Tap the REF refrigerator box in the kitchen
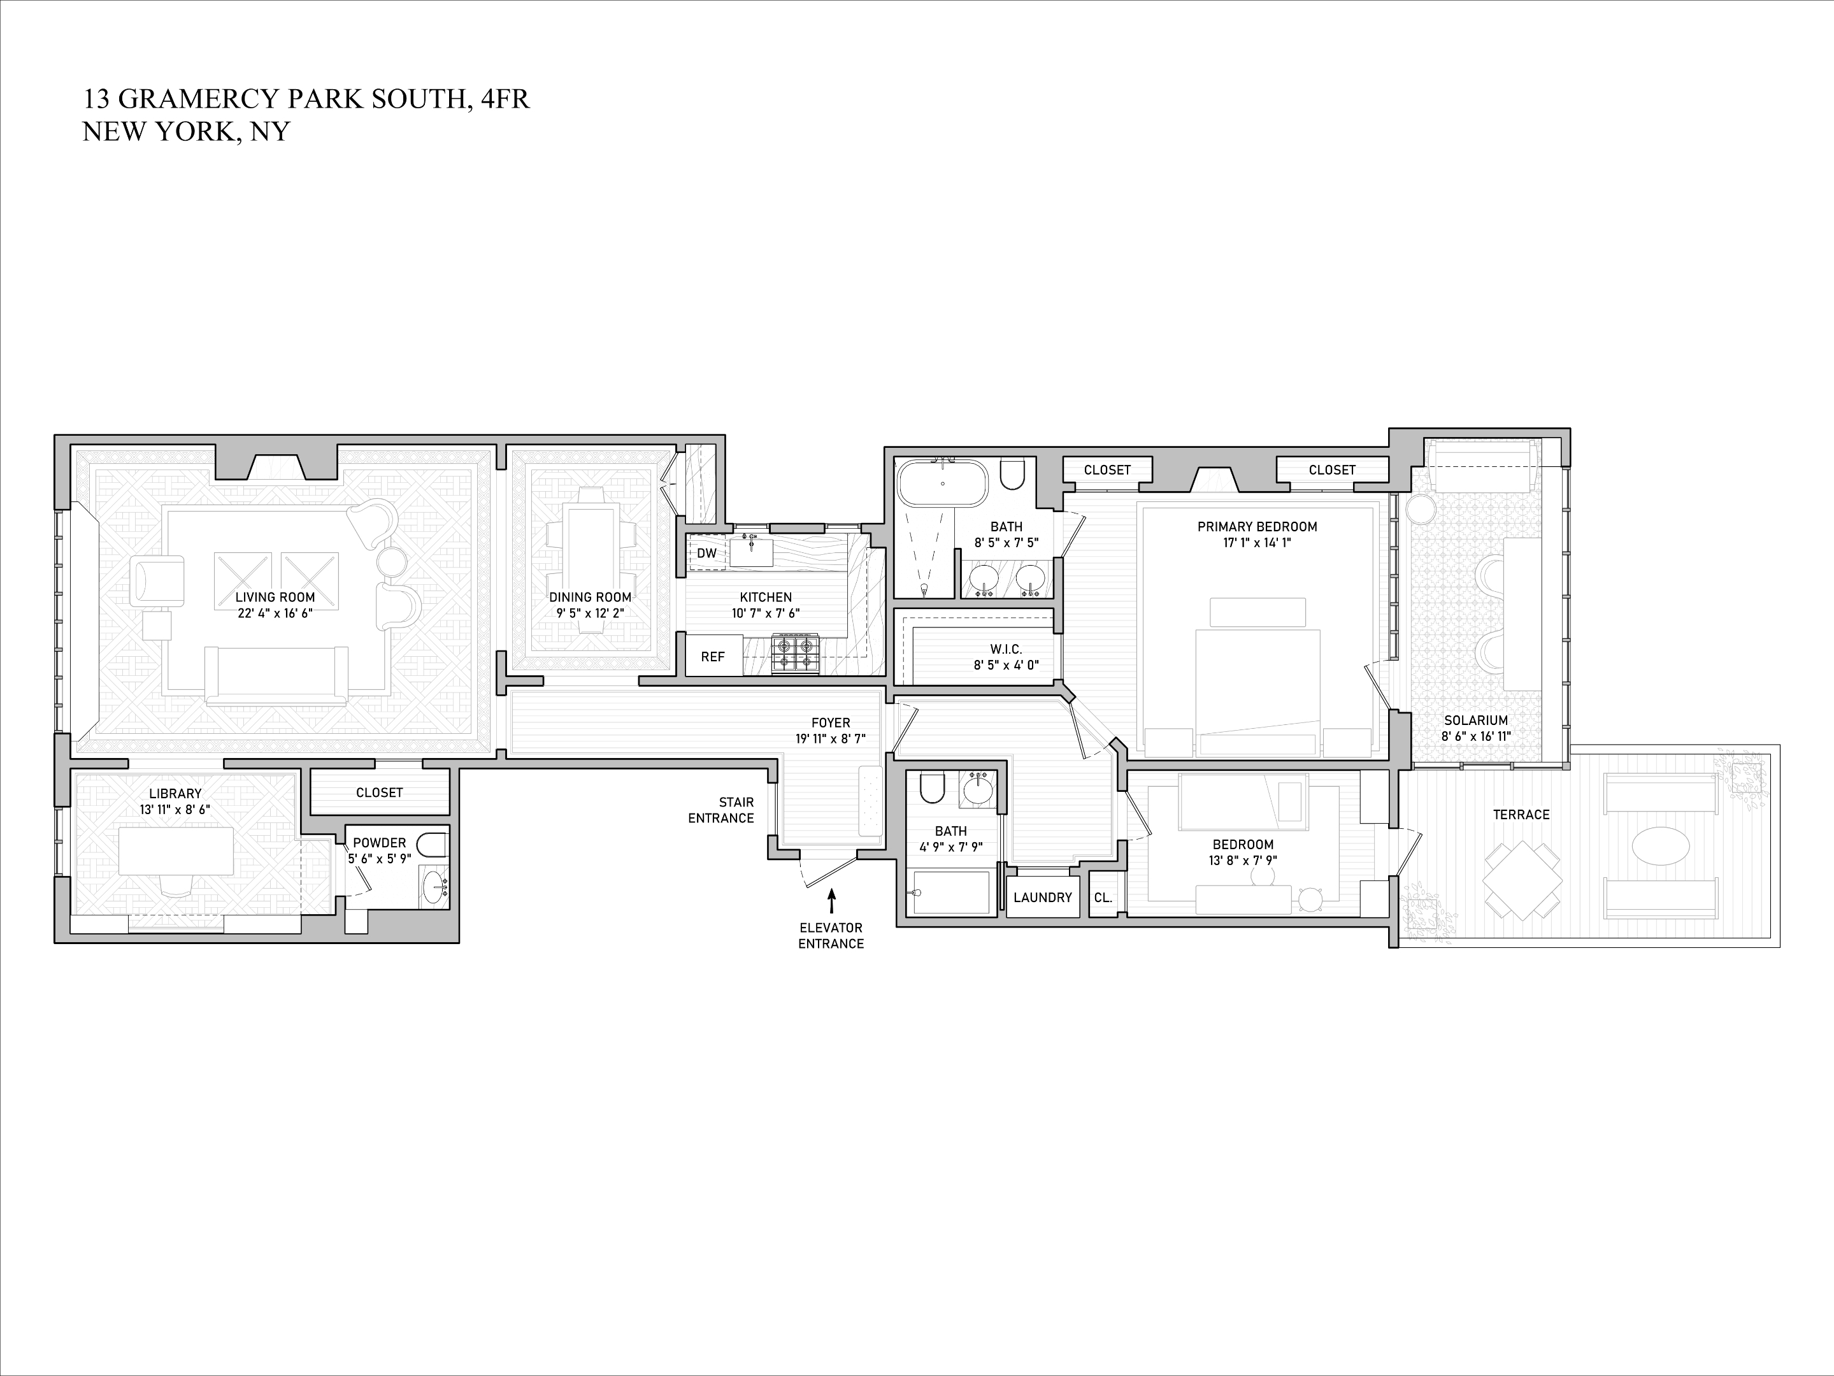click(713, 657)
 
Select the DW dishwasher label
click(706, 553)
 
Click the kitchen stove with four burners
click(795, 653)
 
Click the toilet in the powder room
click(432, 845)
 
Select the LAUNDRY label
click(1042, 897)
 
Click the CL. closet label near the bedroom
click(1103, 897)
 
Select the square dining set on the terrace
click(1522, 880)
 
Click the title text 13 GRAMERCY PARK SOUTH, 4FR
click(306, 99)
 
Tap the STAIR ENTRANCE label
click(720, 810)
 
